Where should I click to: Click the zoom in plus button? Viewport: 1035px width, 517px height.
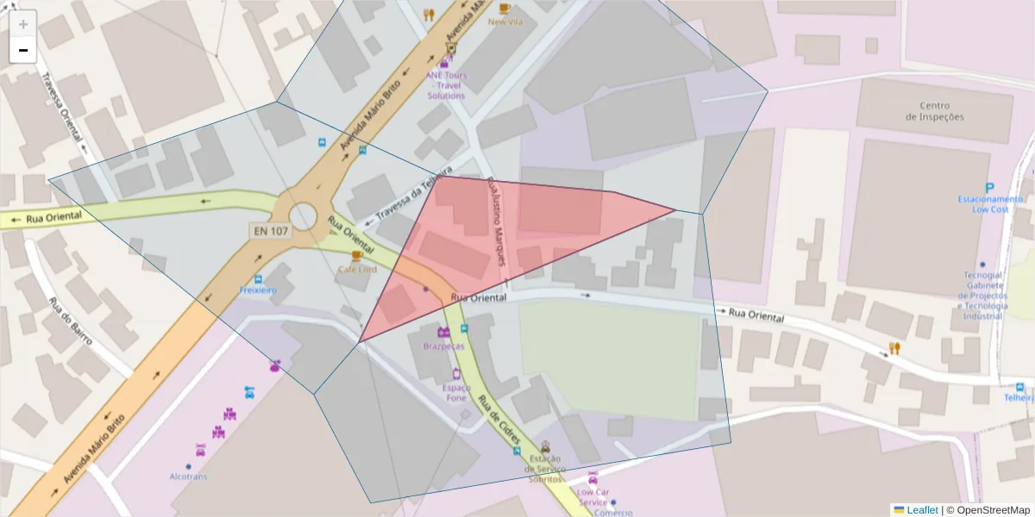(23, 24)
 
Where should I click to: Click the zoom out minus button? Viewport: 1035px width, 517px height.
(23, 50)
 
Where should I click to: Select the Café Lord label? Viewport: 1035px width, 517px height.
(356, 270)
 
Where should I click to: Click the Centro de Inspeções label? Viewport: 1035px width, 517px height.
(935, 111)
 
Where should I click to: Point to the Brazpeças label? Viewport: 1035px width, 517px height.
(443, 346)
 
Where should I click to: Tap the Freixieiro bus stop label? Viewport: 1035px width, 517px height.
(258, 290)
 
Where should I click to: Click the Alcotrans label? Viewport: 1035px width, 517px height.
(188, 476)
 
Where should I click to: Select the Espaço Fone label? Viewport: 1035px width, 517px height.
(456, 393)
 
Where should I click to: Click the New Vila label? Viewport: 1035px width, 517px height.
(505, 22)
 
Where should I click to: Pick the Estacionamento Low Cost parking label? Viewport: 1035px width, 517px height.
(990, 204)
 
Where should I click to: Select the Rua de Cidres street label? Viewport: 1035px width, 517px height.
(499, 421)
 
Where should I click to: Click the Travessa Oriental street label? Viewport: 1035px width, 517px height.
(62, 107)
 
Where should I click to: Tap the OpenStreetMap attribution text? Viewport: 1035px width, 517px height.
(988, 510)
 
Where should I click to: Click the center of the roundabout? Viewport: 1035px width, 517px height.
(303, 217)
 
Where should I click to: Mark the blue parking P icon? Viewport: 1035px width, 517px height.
(990, 188)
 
